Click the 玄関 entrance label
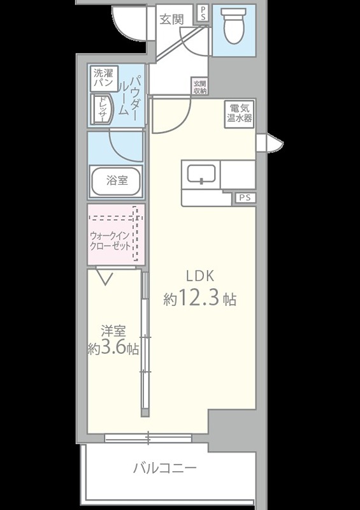tap(172, 18)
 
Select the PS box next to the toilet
tap(203, 14)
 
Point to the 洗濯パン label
tap(103, 78)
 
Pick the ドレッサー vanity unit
tap(102, 110)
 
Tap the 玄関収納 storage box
tap(200, 87)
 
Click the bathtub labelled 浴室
tap(116, 180)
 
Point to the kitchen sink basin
tap(201, 173)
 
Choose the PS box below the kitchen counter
tap(244, 198)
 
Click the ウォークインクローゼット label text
tap(111, 240)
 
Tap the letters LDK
tap(198, 277)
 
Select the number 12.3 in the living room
tap(199, 298)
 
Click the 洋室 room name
tap(113, 331)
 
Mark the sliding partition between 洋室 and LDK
tap(145, 344)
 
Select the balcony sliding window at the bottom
tap(147, 437)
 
